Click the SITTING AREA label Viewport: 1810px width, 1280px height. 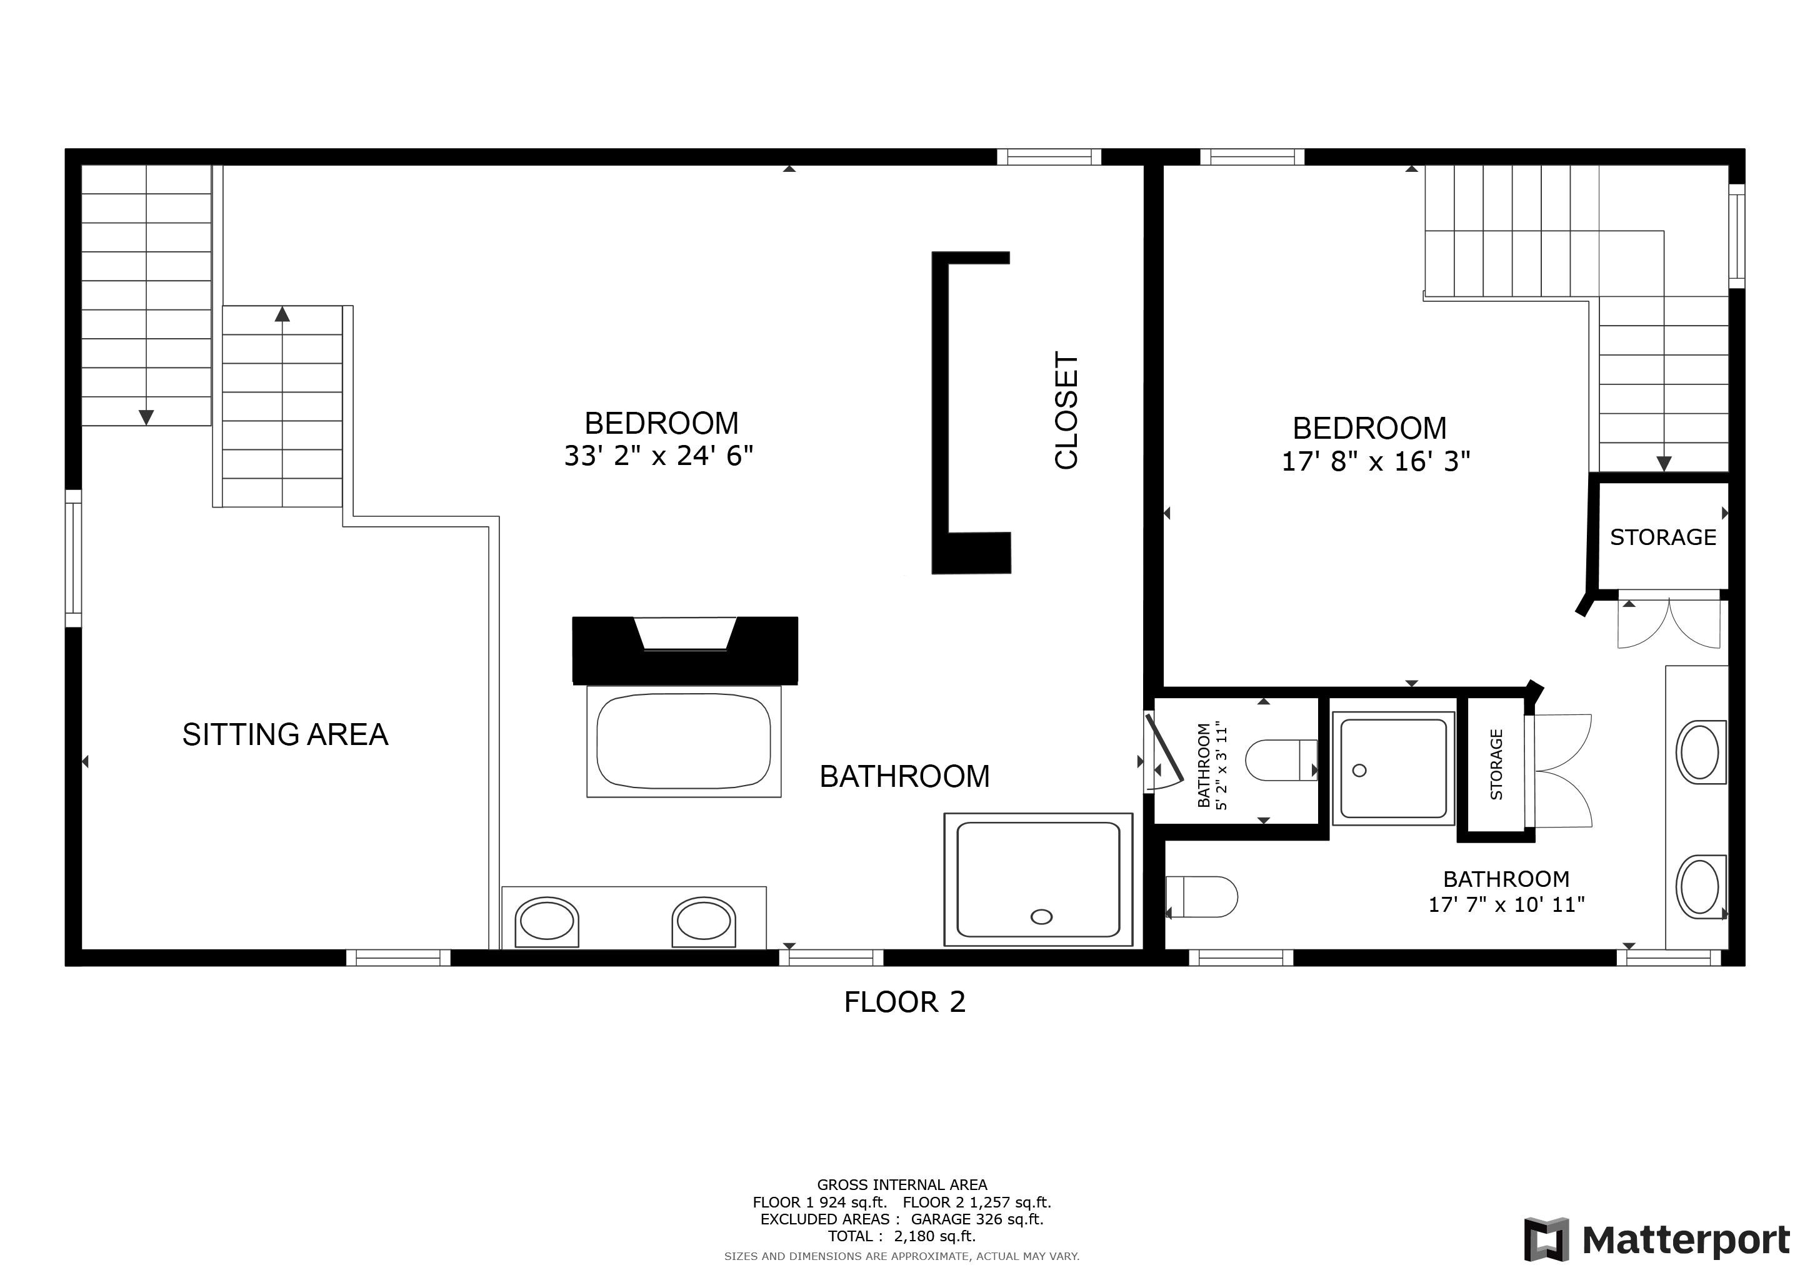[x=286, y=734]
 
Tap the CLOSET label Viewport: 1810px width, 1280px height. [x=1066, y=411]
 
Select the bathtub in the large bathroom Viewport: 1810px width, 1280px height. [x=684, y=741]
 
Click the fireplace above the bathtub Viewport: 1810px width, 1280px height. [x=685, y=650]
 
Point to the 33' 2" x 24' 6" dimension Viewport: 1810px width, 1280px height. [x=659, y=456]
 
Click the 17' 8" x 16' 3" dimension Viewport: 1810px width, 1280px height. [x=1376, y=461]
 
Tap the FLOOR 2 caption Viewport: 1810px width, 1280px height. [x=905, y=1002]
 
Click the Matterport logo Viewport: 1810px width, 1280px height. [x=1657, y=1241]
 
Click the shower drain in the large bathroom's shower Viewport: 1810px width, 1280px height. [x=1041, y=917]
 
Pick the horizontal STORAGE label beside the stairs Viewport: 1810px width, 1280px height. [x=1662, y=537]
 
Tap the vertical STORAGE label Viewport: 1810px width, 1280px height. [x=1496, y=764]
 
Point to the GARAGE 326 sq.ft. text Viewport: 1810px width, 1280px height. [x=977, y=1219]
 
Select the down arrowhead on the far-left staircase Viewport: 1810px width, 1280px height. [x=146, y=417]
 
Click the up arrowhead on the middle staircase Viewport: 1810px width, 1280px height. [x=282, y=314]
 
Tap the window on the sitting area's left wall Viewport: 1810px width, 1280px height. [x=73, y=558]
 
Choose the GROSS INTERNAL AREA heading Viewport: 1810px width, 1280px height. [x=902, y=1184]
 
